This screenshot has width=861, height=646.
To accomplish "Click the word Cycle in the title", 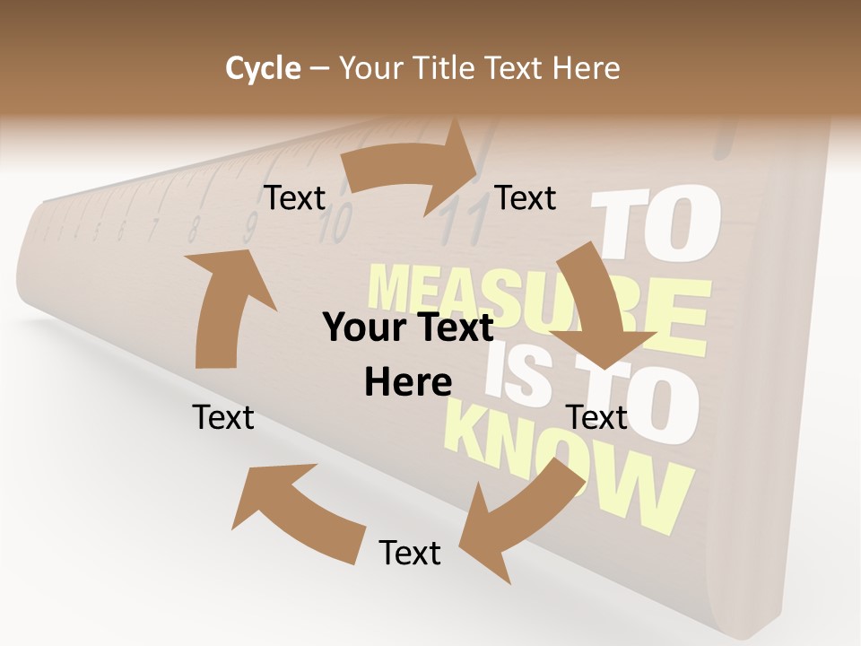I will [x=263, y=67].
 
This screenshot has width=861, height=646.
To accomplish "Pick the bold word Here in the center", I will [x=408, y=383].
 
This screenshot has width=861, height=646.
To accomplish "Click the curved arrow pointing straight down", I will [x=599, y=305].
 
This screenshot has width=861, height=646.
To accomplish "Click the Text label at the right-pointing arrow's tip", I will [x=526, y=197].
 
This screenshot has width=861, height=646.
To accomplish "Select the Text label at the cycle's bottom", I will [x=410, y=553].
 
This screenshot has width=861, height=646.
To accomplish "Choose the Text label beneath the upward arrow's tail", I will [x=223, y=417].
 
